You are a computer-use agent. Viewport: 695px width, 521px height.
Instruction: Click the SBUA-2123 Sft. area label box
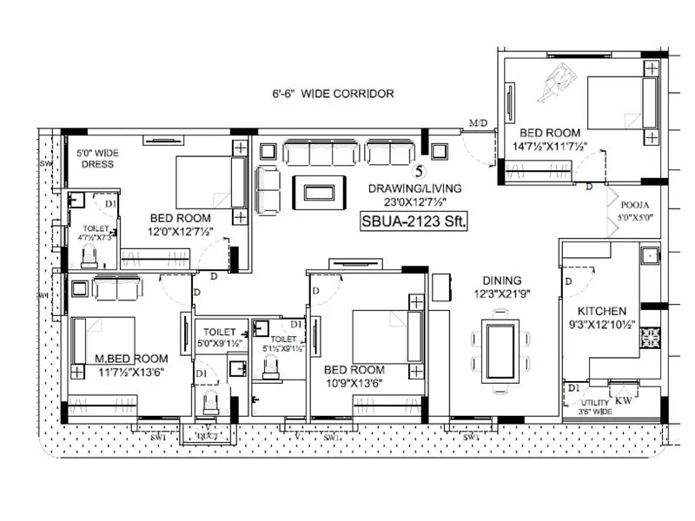414,221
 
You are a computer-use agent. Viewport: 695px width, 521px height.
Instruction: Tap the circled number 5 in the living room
420,170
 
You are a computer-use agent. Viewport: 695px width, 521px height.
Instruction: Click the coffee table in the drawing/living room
317,192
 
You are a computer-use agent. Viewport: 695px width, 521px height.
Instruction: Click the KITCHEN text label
602,310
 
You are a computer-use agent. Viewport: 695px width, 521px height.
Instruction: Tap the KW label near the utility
623,402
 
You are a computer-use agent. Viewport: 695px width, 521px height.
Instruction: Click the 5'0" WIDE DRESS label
97,158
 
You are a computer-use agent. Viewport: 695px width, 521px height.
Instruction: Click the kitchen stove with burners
651,339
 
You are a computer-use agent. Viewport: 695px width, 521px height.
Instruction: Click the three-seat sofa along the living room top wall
321,154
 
